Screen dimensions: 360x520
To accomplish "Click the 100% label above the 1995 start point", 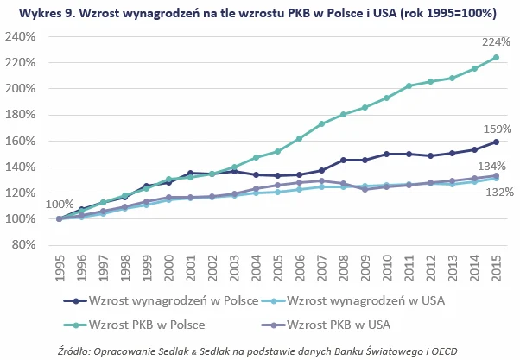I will coord(60,204).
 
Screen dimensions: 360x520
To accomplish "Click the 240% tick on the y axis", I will coord(25,37).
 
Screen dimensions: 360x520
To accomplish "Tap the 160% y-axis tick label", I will coord(25,141).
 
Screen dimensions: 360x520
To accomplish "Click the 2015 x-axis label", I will coord(496,268).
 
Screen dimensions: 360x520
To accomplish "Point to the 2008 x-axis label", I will coord(343,268).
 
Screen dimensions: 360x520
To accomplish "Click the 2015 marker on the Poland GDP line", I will coord(496,58).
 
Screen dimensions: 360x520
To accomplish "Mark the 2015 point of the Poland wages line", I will coord(496,142).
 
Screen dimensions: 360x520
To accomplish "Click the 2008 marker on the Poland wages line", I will coord(343,160).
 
